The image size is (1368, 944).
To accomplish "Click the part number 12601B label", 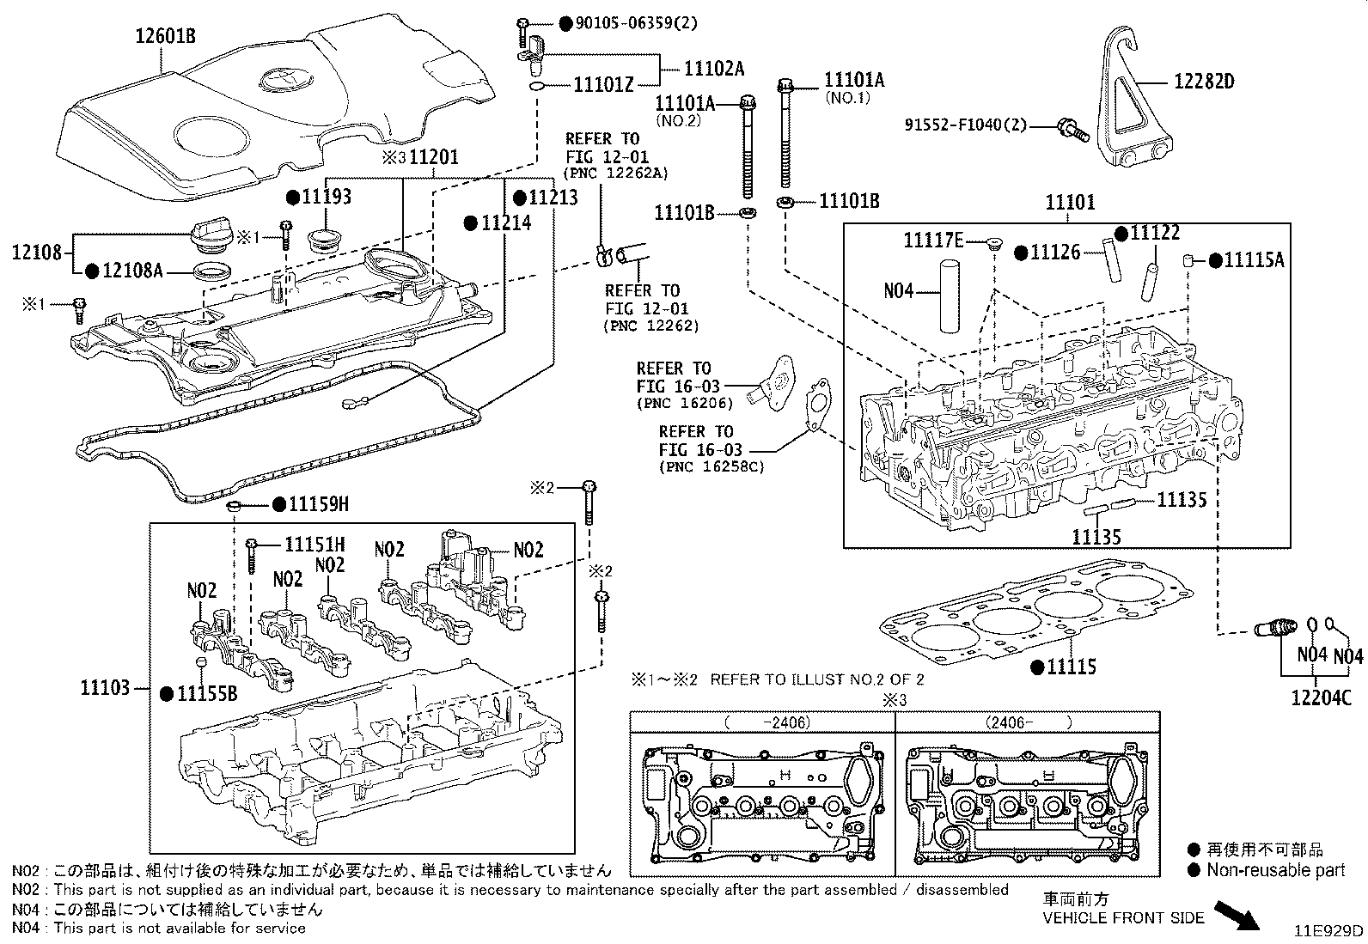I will [165, 36].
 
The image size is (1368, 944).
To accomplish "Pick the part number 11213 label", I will [552, 198].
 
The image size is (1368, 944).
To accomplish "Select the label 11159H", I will [318, 504].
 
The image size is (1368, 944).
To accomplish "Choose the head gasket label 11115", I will [1071, 666].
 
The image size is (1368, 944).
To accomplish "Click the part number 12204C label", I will [1320, 697].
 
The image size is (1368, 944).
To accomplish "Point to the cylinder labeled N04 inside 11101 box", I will [950, 296].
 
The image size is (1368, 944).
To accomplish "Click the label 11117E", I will [933, 241].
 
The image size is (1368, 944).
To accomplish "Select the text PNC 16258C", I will [710, 467].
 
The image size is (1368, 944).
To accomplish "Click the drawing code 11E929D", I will [1329, 931].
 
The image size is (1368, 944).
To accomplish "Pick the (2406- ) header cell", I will [1027, 722].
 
